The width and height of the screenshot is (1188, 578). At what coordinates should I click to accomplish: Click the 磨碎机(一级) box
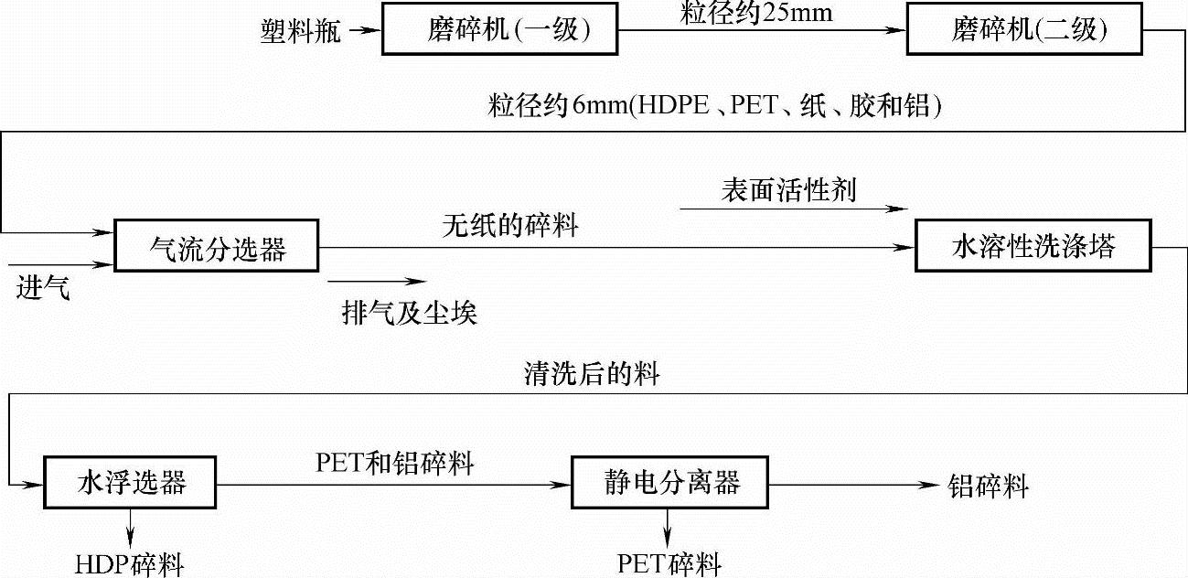pyautogui.click(x=498, y=32)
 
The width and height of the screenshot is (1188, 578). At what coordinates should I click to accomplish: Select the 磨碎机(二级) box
pyautogui.click(x=1024, y=32)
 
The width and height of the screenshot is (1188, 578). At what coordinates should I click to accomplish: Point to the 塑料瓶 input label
pyautogui.click(x=298, y=33)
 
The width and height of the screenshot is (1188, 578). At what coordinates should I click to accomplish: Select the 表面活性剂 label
pyautogui.click(x=789, y=190)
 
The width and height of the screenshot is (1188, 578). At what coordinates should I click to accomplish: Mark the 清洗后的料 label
pyautogui.click(x=592, y=374)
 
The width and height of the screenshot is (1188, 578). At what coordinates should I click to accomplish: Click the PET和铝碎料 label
pyautogui.click(x=395, y=464)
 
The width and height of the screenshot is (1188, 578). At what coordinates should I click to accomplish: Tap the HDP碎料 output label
pyautogui.click(x=129, y=564)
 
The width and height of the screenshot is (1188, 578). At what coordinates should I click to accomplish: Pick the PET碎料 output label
pyautogui.click(x=669, y=562)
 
